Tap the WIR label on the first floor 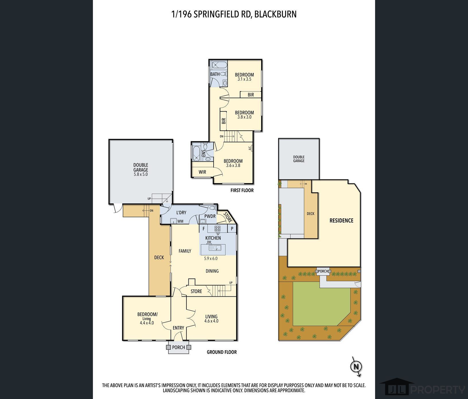point(202,172)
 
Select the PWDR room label point(210,216)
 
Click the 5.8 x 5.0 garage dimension point(141,174)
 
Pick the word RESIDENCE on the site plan point(341,220)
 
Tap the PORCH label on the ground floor point(178,347)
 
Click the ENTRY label point(178,328)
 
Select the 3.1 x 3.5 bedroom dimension point(244,79)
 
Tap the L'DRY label point(181,212)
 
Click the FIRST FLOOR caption point(242,190)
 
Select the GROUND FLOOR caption point(222,352)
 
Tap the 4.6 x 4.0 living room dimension point(211,321)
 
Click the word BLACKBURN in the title point(275,14)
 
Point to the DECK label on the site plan point(311,214)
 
